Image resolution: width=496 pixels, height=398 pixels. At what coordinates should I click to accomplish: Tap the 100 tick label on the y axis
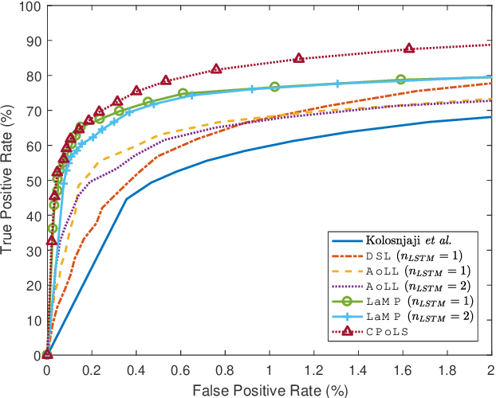(30, 7)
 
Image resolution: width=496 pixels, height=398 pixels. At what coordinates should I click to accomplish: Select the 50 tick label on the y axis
(32, 181)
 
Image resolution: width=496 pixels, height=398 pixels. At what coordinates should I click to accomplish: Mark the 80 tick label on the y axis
(32, 77)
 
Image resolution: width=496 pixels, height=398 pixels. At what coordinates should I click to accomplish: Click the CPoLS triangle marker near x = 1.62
(409, 49)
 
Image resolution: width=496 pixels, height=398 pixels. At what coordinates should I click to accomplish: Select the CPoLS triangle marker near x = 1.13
(299, 58)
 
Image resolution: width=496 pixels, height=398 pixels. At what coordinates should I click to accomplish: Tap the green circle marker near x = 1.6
(401, 80)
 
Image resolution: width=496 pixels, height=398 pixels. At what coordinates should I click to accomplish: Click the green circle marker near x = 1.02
(274, 87)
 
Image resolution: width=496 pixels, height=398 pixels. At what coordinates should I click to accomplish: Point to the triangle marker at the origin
(47, 354)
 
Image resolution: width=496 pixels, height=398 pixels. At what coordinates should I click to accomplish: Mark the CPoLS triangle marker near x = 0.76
(216, 69)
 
